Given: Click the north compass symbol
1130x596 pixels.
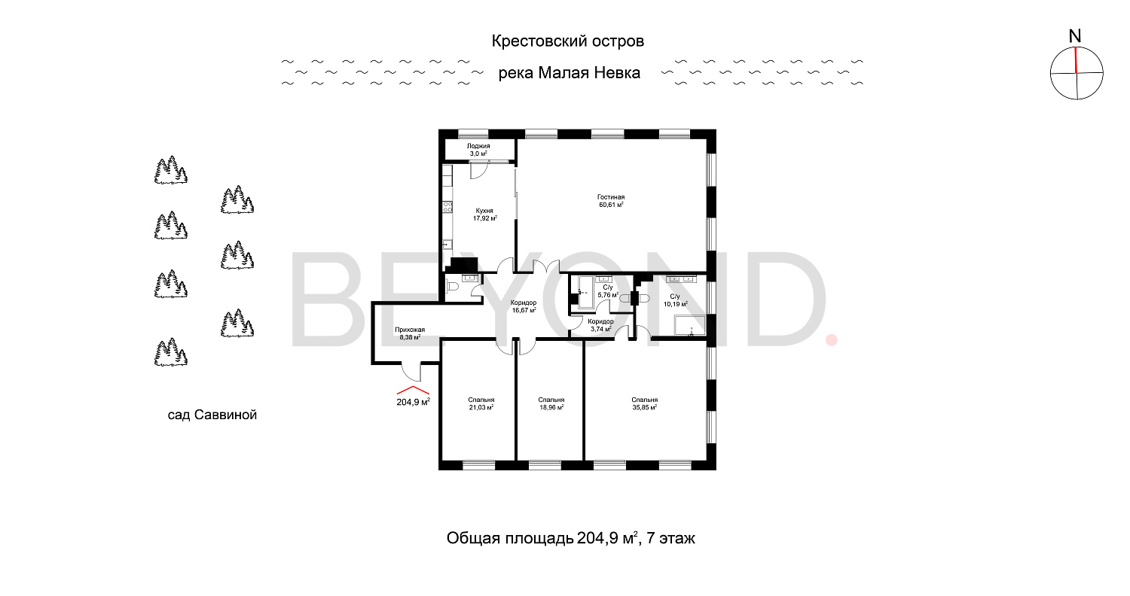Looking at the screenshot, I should click(x=1077, y=73).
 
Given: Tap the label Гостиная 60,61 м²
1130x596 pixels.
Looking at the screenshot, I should click(x=611, y=200).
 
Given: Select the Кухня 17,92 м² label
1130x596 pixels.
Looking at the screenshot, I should click(x=484, y=214).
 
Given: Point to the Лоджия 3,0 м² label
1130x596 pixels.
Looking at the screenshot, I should click(x=478, y=149).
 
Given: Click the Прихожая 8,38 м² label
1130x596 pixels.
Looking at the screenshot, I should click(x=410, y=333).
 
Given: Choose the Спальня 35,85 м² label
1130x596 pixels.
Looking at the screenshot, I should click(x=644, y=403).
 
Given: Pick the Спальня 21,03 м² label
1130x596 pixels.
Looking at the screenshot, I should click(x=481, y=403).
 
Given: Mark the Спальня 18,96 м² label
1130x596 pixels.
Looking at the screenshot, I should click(x=551, y=403).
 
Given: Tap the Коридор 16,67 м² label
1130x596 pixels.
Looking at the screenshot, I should click(x=523, y=306).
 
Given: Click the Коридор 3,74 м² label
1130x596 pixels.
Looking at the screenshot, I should click(x=600, y=325).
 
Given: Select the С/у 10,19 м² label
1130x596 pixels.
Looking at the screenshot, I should click(x=674, y=300).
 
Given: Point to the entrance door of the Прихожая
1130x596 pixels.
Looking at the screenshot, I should click(x=411, y=371).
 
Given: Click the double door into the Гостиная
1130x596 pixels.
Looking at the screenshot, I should click(x=543, y=267).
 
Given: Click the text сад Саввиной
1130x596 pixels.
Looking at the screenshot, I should click(x=212, y=415).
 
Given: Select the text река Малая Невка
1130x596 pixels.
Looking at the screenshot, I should click(x=569, y=73).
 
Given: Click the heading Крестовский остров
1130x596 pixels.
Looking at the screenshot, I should click(x=568, y=41).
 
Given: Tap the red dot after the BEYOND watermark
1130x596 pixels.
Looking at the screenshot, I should click(x=832, y=340).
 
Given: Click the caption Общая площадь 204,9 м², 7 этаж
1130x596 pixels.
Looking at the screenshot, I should click(x=570, y=539).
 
